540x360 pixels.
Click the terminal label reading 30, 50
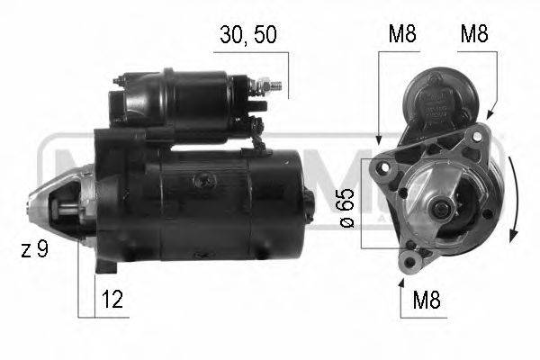coord(248,35)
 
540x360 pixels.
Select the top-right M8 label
coord(474,35)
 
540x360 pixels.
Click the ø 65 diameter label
coord(347,209)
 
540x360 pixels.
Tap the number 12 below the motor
coord(112,301)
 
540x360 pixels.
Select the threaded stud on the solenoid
coord(275,86)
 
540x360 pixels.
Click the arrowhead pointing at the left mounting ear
coord(380,142)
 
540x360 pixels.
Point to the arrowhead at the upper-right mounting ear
coord(489,116)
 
